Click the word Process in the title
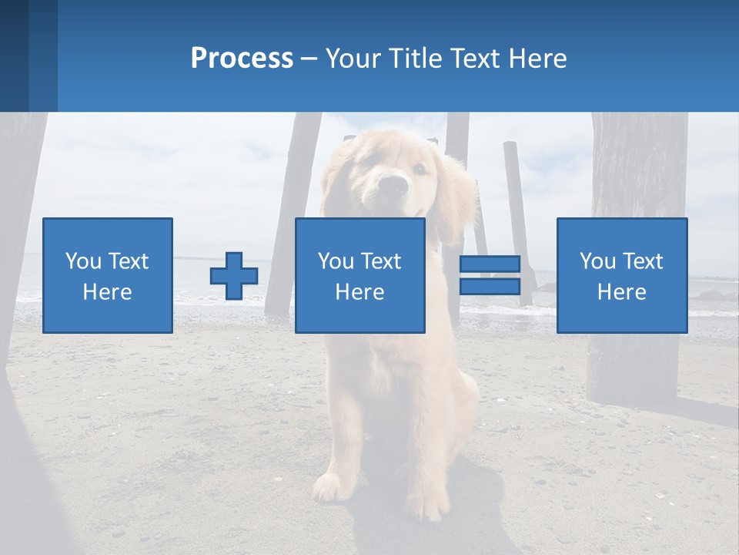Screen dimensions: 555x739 click(x=242, y=59)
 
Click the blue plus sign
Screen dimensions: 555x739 click(x=234, y=276)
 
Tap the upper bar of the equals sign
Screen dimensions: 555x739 click(x=490, y=264)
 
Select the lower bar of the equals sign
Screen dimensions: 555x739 click(x=490, y=287)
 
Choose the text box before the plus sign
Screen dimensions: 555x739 click(x=108, y=275)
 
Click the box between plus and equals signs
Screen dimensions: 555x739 click(x=360, y=275)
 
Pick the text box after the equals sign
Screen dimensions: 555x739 click(x=622, y=275)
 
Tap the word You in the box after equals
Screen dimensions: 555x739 click(x=597, y=261)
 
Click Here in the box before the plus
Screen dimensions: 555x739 click(x=108, y=291)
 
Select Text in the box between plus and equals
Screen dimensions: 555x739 click(x=382, y=261)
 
